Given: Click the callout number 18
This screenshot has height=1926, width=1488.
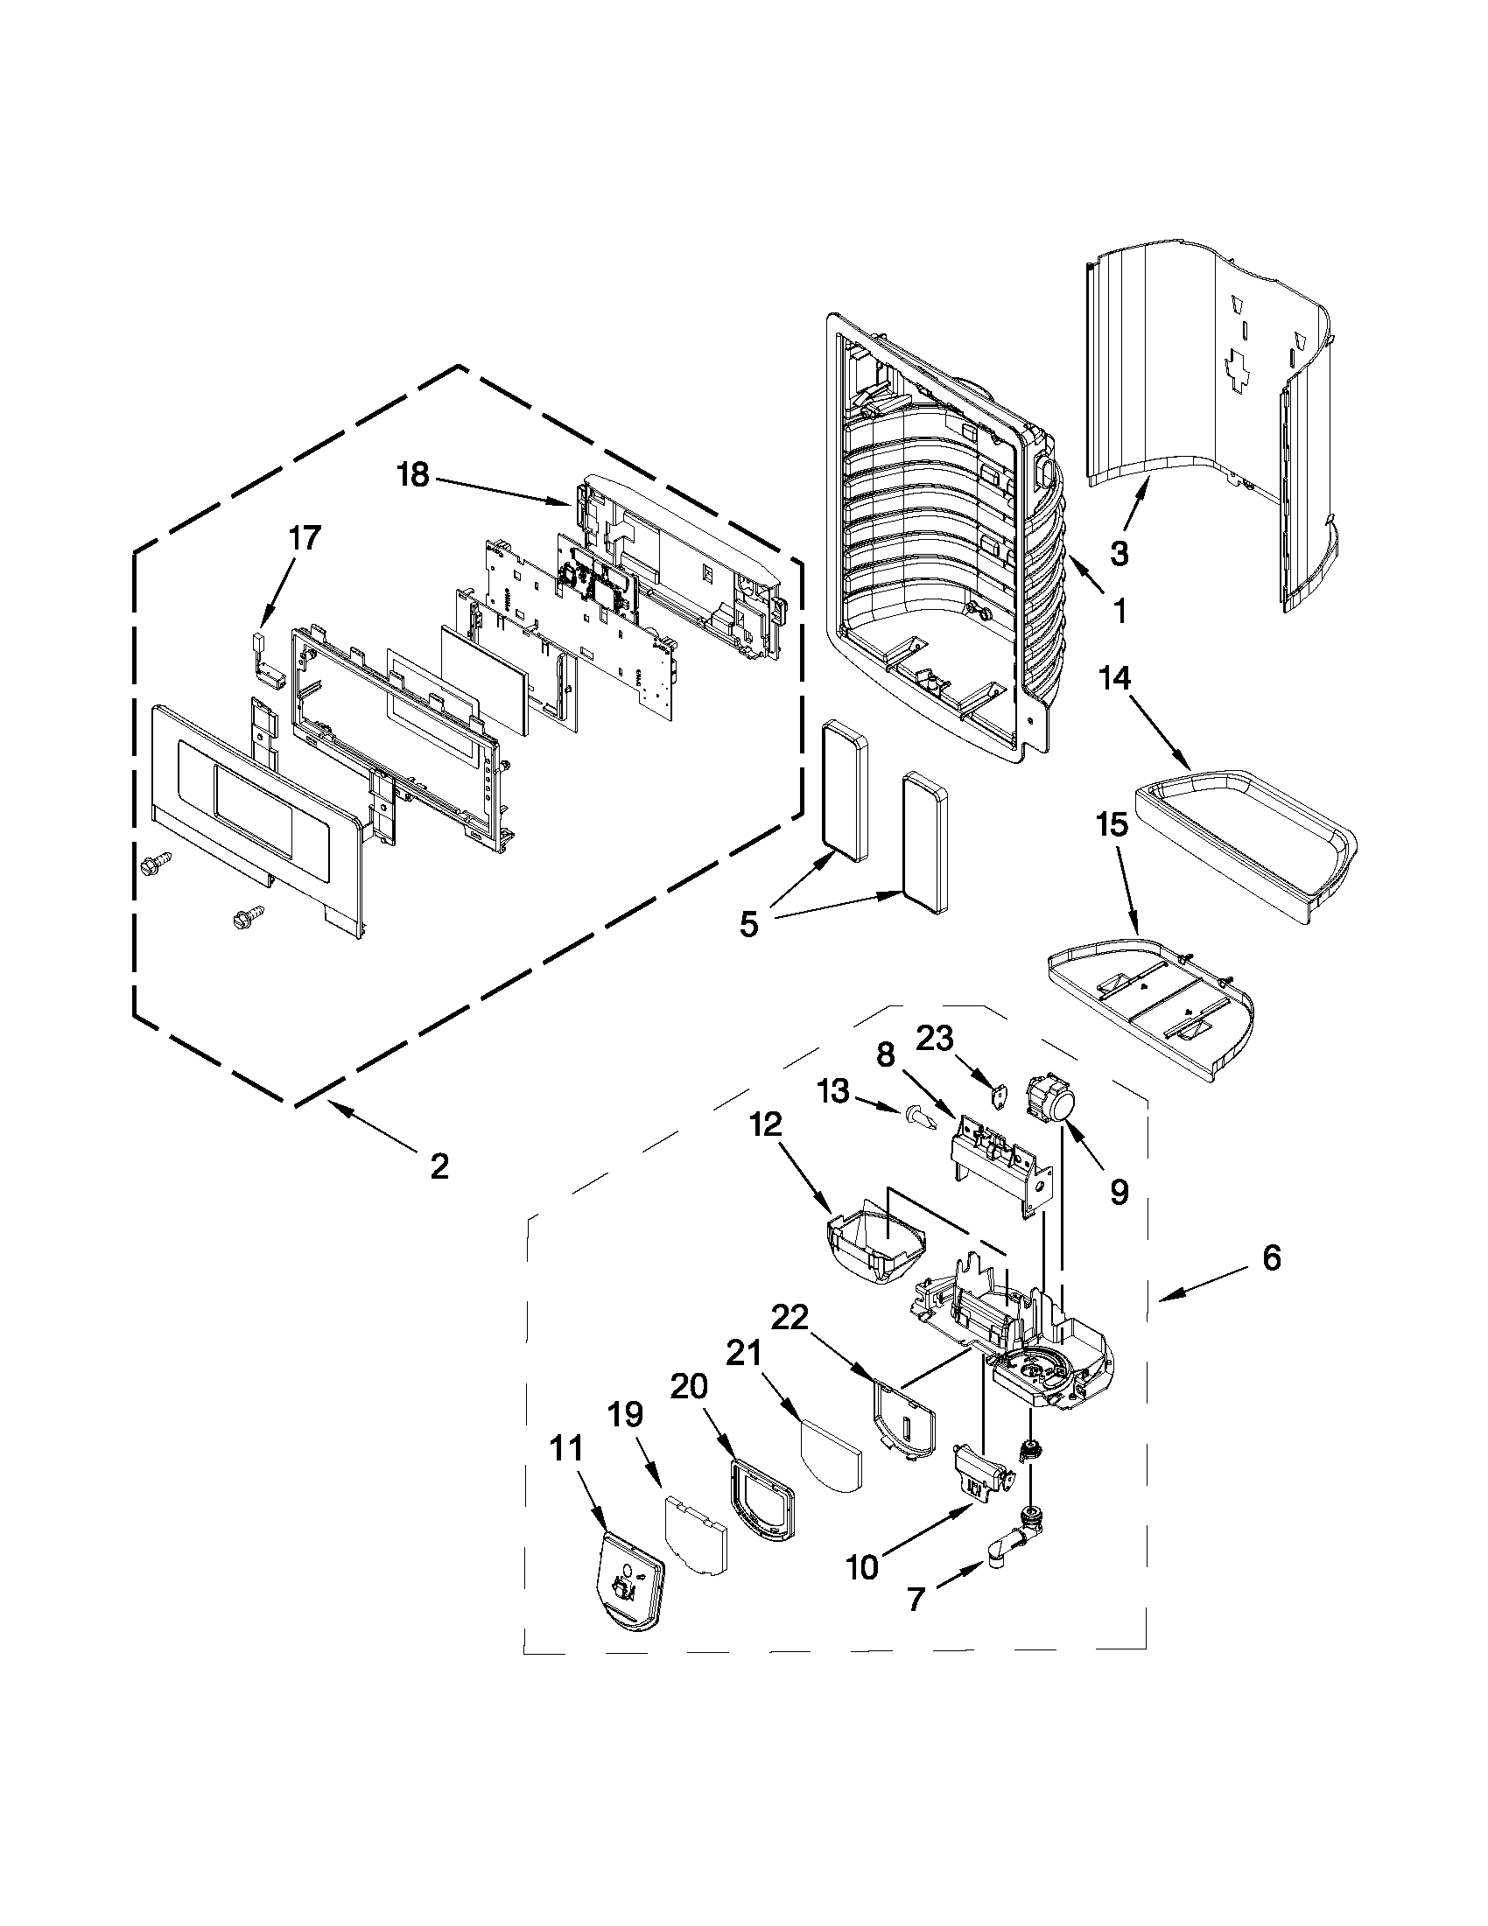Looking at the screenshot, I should click(412, 475).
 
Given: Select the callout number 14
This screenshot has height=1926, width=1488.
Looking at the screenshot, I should click(1114, 678).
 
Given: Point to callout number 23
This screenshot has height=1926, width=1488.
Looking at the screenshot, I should click(934, 1039).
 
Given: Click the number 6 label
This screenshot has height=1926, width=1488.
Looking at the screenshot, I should click(1270, 1258).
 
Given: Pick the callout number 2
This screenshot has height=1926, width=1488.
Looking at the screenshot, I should click(439, 1166).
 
